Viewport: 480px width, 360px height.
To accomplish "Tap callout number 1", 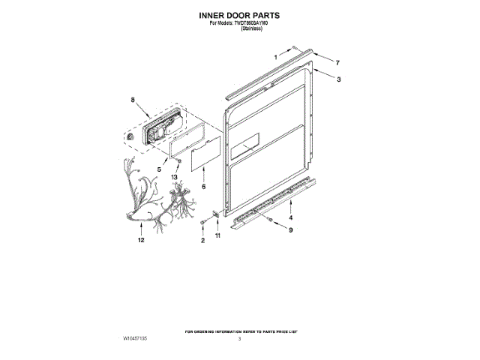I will click(x=275, y=57).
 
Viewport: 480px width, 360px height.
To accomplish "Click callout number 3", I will click(x=339, y=79).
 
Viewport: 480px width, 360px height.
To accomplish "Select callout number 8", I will click(x=133, y=100).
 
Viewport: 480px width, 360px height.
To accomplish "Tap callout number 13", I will click(x=175, y=177).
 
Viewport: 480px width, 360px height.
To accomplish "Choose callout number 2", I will click(x=202, y=241).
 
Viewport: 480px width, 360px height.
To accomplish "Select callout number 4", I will click(x=290, y=217).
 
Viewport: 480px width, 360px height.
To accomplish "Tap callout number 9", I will click(x=290, y=230).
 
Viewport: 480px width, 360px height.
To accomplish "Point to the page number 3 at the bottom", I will click(x=239, y=340).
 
